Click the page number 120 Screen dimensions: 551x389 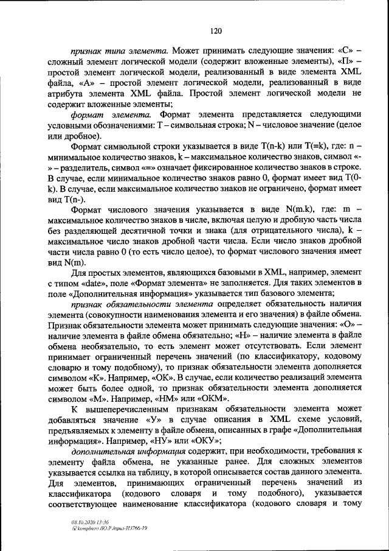pyautogui.click(x=216, y=30)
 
